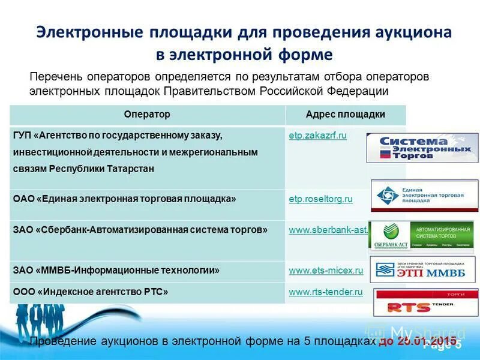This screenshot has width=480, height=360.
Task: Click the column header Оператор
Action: coord(147,114)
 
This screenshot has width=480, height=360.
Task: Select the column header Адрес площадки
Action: coord(345,114)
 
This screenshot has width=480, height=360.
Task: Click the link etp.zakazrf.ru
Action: coord(318,136)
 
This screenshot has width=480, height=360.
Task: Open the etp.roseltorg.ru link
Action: coord(320,199)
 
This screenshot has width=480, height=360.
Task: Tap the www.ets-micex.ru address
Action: coord(326,271)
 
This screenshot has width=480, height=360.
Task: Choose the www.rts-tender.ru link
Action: coord(326,292)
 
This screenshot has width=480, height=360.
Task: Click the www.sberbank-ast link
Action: coord(329,230)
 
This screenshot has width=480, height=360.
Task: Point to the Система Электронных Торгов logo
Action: coord(422,148)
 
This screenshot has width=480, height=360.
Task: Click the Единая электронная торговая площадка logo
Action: coord(425,196)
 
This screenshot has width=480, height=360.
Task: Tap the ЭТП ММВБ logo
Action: coord(423,269)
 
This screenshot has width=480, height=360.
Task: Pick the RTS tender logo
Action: coord(425,302)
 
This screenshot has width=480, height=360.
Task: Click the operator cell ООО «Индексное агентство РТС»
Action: coord(90,292)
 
